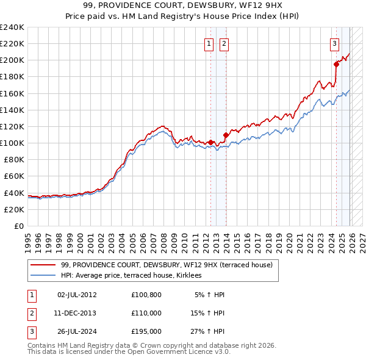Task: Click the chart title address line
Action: tap(183, 5)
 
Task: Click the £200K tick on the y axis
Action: tap(12, 60)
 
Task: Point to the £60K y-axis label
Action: tap(14, 176)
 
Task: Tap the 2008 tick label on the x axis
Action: tap(165, 238)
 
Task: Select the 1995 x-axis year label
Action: tap(28, 238)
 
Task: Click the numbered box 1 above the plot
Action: tap(209, 43)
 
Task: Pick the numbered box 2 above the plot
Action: tap(224, 43)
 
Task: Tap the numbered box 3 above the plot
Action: tap(335, 43)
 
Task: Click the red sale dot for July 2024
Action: tap(336, 63)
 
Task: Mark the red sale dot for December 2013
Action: tap(226, 134)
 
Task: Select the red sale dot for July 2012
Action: tap(211, 142)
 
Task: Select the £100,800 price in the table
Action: tap(146, 295)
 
